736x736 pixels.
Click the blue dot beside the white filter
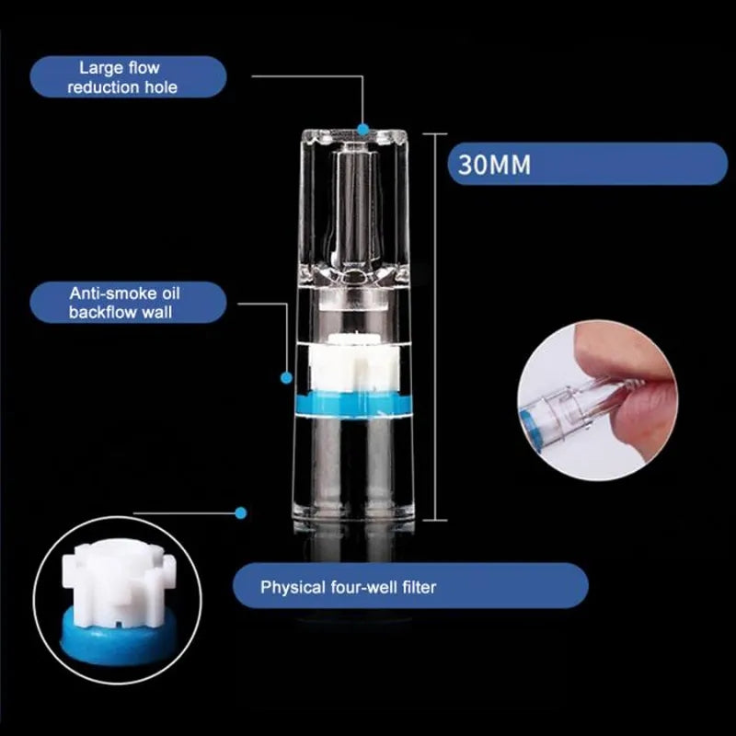click(286, 376)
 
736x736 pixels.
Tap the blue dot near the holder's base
click(241, 512)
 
